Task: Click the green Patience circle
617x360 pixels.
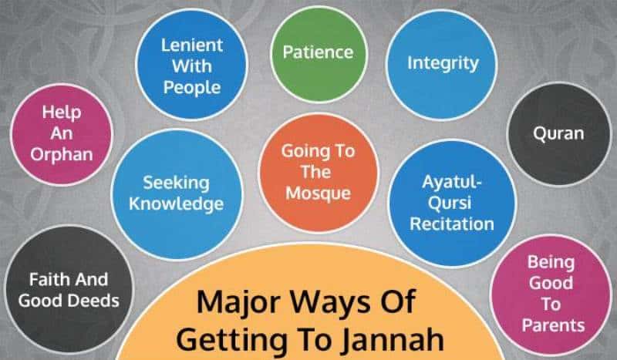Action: point(319,54)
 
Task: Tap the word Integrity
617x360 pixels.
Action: point(443,64)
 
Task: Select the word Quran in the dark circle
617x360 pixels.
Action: point(558,133)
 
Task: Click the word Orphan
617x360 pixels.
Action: point(62,155)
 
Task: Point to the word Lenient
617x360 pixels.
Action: point(192,45)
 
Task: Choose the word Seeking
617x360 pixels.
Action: point(176,183)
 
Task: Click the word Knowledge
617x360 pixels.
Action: point(177,204)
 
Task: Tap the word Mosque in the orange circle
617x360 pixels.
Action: point(318,193)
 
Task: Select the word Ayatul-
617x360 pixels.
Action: point(452,183)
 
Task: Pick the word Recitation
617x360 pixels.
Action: point(452,224)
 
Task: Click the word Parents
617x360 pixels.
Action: point(553,325)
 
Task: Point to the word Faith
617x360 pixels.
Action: point(47,280)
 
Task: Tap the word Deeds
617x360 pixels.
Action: point(93,301)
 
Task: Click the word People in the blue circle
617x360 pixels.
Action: point(192,88)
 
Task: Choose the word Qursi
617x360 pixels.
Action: point(450,204)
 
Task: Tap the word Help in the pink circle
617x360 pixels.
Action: point(62,113)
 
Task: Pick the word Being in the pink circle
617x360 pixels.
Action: point(551,263)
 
